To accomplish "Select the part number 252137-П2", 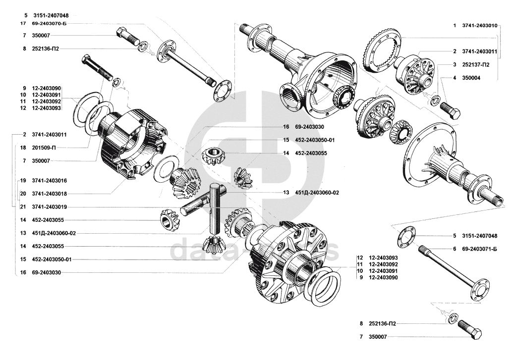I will coord(478,64).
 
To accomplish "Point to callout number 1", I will coord(454,25).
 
